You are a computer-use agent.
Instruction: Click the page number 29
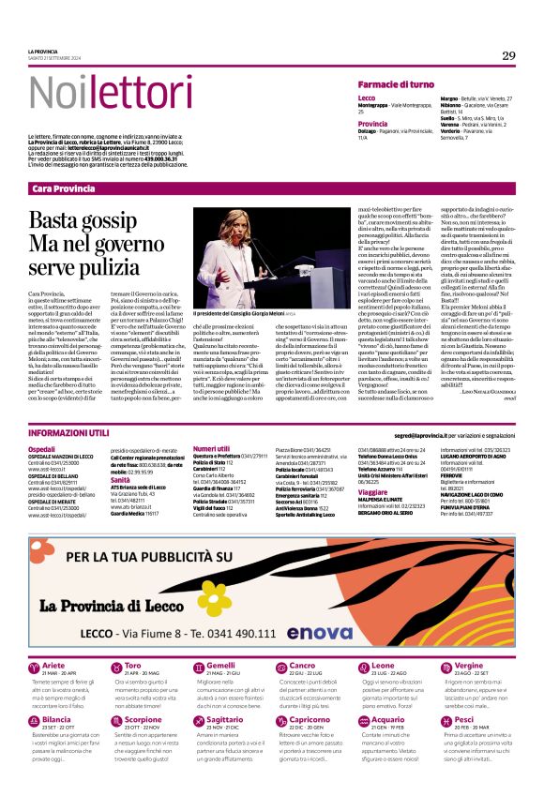508,55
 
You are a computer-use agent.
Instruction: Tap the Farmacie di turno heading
395,84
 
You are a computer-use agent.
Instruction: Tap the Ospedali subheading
42,449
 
